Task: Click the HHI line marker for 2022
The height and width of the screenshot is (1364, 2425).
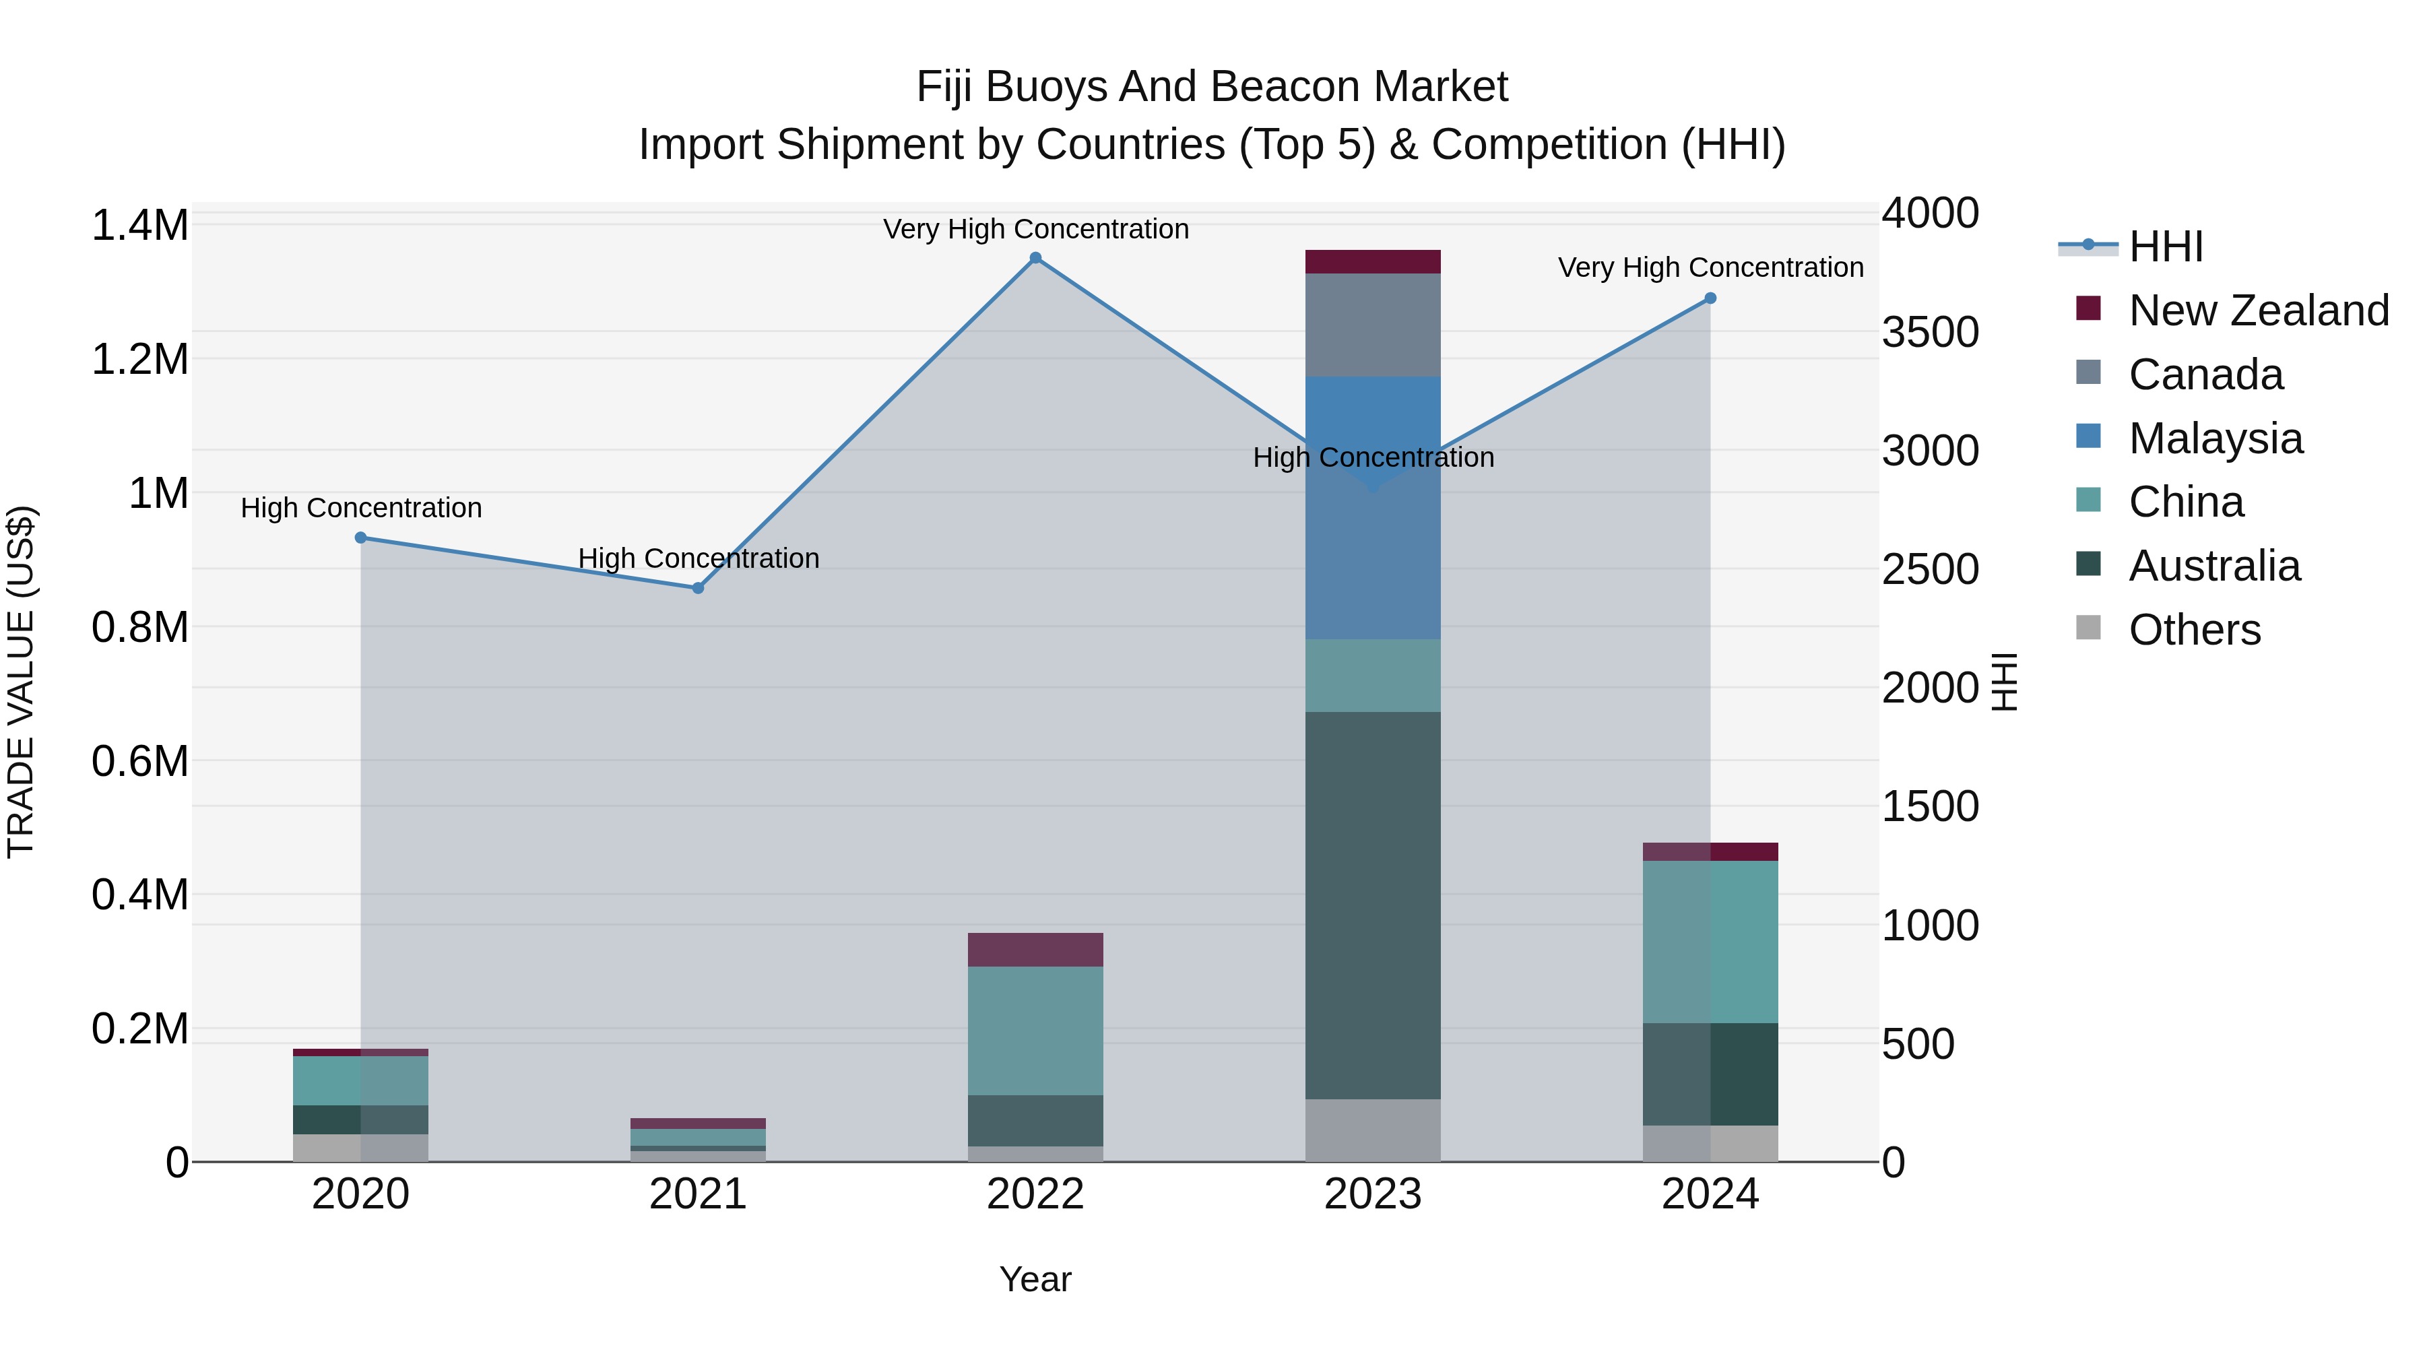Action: tap(1035, 258)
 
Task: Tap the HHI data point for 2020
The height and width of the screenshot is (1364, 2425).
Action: tap(360, 538)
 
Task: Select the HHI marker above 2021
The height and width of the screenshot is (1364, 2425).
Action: tap(699, 588)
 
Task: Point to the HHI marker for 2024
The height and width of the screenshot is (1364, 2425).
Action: tap(1710, 298)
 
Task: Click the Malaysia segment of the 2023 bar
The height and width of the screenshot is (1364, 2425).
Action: tap(1373, 546)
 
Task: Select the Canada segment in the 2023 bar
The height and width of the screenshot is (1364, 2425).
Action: tap(1373, 325)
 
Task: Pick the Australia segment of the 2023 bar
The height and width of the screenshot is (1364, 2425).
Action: tap(1373, 904)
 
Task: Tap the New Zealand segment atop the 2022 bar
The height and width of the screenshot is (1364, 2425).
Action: tap(1035, 950)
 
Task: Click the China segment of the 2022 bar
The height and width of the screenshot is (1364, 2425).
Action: tap(1035, 1031)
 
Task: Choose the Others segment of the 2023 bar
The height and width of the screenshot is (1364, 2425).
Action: tap(1373, 1130)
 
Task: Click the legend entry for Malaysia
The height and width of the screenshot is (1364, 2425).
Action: tap(2215, 439)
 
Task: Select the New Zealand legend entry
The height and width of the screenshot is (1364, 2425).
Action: tap(2257, 311)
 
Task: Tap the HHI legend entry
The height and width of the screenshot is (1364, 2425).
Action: tap(2165, 247)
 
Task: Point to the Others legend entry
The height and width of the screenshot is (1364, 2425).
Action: tap(2193, 630)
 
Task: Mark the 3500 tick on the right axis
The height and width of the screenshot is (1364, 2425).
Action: tap(1930, 332)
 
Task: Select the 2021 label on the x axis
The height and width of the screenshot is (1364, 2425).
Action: tap(698, 1194)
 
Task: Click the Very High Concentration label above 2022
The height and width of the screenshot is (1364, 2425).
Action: tap(1035, 229)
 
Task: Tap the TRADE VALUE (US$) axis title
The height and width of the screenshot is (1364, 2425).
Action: tap(21, 682)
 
